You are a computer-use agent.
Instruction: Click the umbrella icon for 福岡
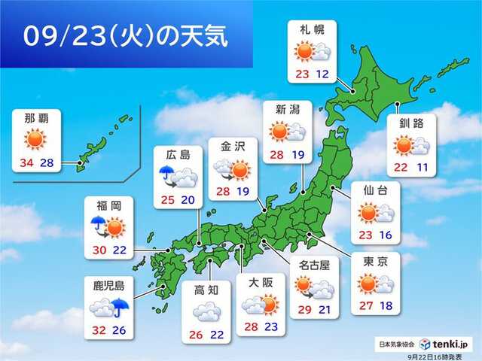click(96, 223)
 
